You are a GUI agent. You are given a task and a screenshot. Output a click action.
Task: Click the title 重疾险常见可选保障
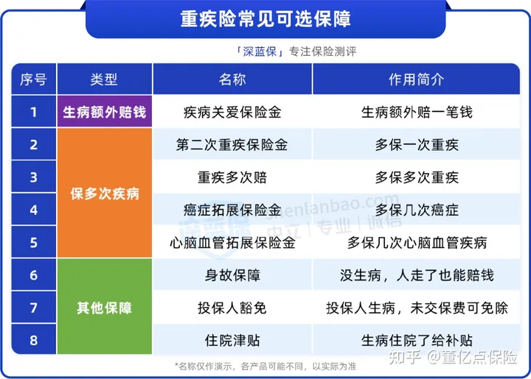click(x=265, y=18)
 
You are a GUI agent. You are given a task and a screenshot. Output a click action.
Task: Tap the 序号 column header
click(x=33, y=79)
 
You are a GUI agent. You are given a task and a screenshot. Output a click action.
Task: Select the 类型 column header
click(x=104, y=79)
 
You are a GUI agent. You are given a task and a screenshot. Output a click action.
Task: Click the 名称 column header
click(x=232, y=79)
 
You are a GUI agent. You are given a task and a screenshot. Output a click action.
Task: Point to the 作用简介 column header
click(x=416, y=79)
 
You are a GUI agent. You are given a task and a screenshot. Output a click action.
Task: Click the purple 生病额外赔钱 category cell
click(x=104, y=112)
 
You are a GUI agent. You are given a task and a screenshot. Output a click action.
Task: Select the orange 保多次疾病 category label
click(x=105, y=194)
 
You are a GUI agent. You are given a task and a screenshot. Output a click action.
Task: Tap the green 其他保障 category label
click(x=104, y=308)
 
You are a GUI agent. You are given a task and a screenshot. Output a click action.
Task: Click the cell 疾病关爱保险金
click(x=232, y=112)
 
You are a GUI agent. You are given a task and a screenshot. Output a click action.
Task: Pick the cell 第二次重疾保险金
click(x=232, y=145)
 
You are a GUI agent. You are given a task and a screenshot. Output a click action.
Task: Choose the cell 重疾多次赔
click(x=232, y=177)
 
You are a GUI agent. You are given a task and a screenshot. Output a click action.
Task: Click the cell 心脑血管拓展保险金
click(x=232, y=243)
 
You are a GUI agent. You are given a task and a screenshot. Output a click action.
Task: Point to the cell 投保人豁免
click(x=232, y=308)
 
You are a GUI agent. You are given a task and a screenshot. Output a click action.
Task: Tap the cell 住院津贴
click(x=232, y=341)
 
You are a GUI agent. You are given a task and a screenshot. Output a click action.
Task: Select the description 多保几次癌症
click(x=417, y=210)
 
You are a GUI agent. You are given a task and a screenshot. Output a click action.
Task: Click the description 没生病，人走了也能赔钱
click(x=417, y=275)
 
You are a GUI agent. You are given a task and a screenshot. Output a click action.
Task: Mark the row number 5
click(x=33, y=243)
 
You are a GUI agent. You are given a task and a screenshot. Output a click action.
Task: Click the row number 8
click(x=33, y=340)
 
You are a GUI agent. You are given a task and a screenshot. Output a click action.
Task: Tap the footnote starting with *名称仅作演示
click(x=265, y=366)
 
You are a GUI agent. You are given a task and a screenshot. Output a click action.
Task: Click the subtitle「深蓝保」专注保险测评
click(x=296, y=52)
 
